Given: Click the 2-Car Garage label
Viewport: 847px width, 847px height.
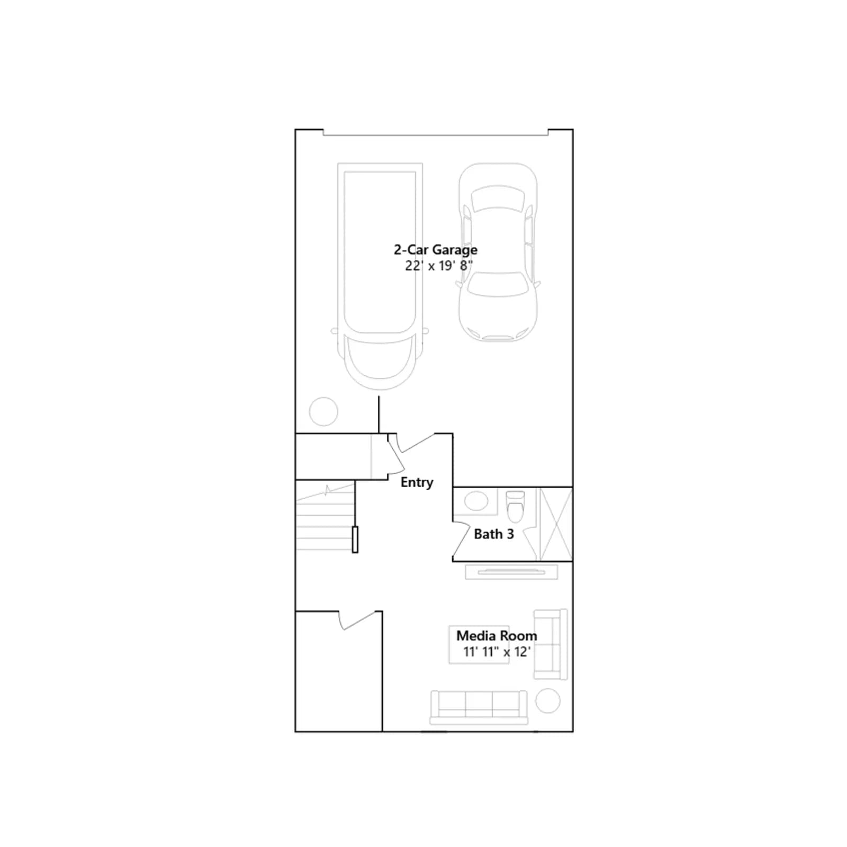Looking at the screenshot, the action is click(x=435, y=249).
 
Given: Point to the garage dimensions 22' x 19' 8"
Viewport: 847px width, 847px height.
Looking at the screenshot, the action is click(x=439, y=266).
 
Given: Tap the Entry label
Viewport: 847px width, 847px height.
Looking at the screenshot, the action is click(x=417, y=482).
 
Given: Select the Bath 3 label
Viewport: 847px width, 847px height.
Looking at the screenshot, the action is click(x=493, y=534).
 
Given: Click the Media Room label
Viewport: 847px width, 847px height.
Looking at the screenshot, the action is click(x=497, y=635).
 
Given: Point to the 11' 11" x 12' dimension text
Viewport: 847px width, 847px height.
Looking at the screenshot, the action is click(x=497, y=652).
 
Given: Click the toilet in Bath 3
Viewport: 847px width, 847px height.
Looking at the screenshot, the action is click(x=515, y=506).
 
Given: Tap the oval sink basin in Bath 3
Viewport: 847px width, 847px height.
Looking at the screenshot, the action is click(x=476, y=501).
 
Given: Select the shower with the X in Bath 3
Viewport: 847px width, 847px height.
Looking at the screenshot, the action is click(x=555, y=524).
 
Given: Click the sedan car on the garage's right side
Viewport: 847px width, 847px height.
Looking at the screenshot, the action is click(x=498, y=252).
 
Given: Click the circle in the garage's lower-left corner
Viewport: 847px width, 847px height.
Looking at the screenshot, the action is click(x=323, y=411).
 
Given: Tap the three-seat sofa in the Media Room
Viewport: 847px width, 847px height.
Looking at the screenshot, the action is click(x=479, y=707).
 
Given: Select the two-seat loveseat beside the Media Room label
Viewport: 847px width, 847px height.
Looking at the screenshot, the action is click(x=551, y=644).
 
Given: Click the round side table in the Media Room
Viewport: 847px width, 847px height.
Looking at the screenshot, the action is click(x=548, y=701).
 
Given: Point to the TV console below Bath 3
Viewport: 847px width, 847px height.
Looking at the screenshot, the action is click(x=511, y=572).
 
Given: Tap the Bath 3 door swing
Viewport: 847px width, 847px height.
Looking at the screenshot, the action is click(x=461, y=541).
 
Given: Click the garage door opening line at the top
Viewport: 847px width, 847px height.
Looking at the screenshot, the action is click(x=436, y=135).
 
